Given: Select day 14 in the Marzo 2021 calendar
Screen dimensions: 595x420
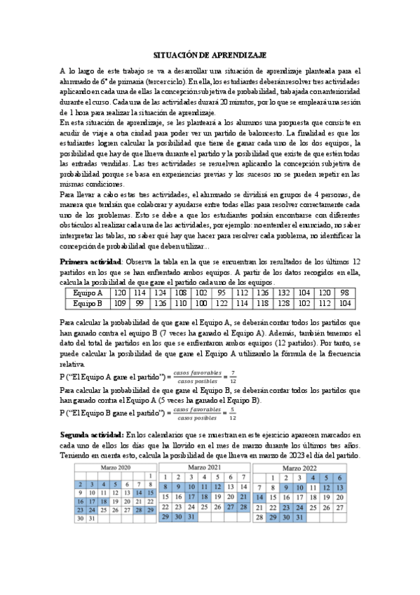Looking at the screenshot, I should click(x=243, y=486).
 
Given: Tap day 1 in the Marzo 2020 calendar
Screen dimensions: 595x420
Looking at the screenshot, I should click(x=151, y=476).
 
